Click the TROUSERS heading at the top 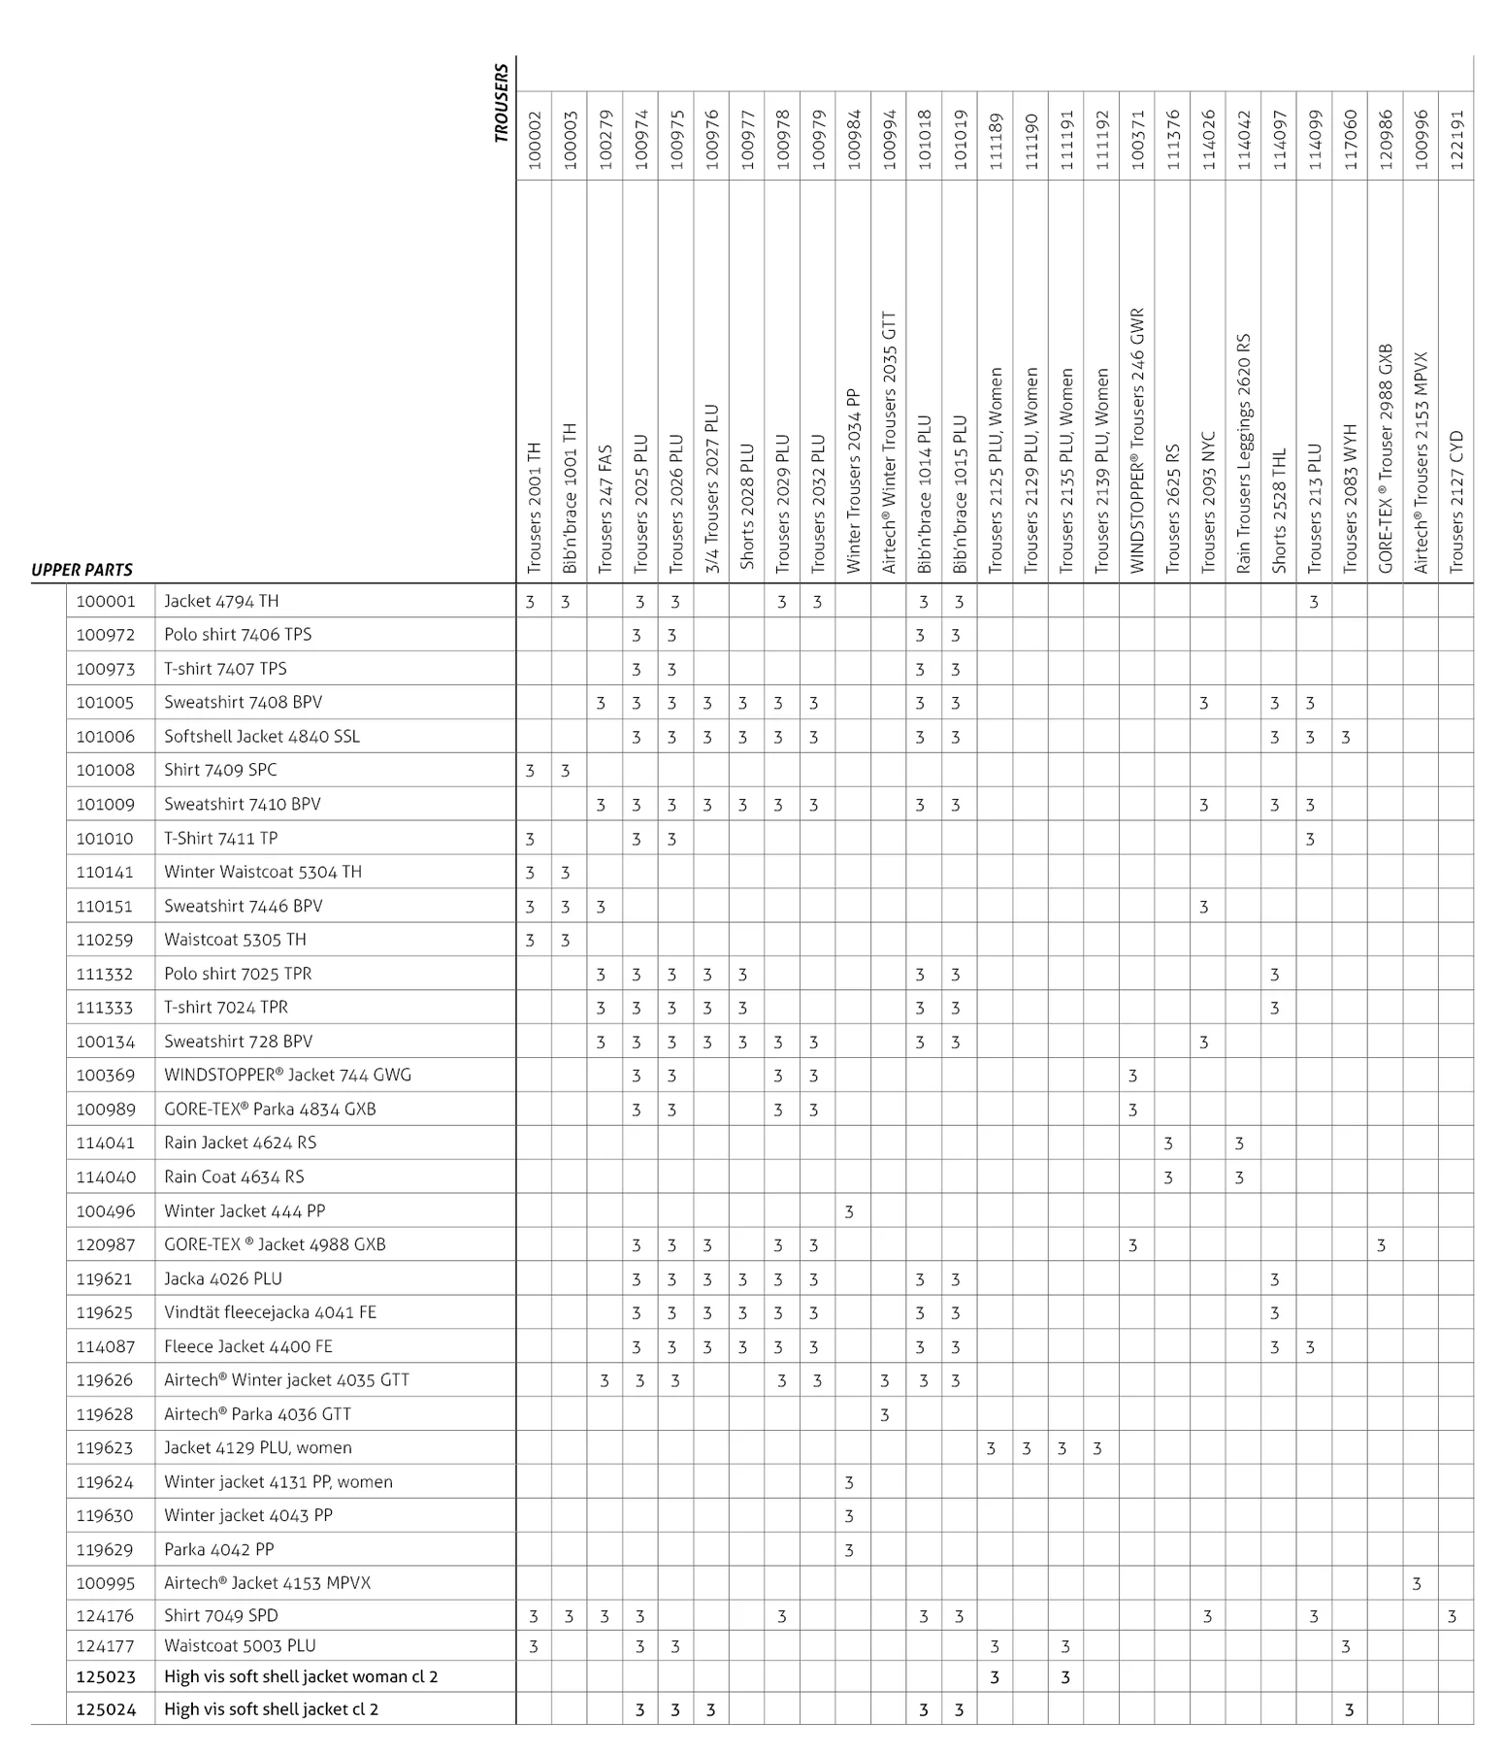pos(501,104)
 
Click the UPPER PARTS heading pos(82,570)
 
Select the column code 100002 pos(534,140)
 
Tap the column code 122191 pos(1455,140)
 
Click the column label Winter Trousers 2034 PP pos(853,481)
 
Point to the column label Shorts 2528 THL pos(1279,511)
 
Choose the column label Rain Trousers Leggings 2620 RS pos(1244,453)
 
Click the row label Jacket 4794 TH pos(221,601)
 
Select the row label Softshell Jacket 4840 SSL pos(262,736)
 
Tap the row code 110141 pos(106,872)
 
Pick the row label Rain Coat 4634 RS pos(234,1176)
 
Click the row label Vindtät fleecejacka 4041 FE pos(270,1312)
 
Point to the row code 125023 pos(106,1676)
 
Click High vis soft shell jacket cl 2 pos(271,1709)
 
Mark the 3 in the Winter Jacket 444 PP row pos(849,1211)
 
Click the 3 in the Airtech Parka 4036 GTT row pos(885,1414)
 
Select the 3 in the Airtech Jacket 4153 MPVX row pos(1417,1583)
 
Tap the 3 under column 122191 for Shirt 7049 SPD pos(1452,1616)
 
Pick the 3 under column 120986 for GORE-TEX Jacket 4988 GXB pos(1381,1244)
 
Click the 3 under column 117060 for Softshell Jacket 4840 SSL pos(1346,737)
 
